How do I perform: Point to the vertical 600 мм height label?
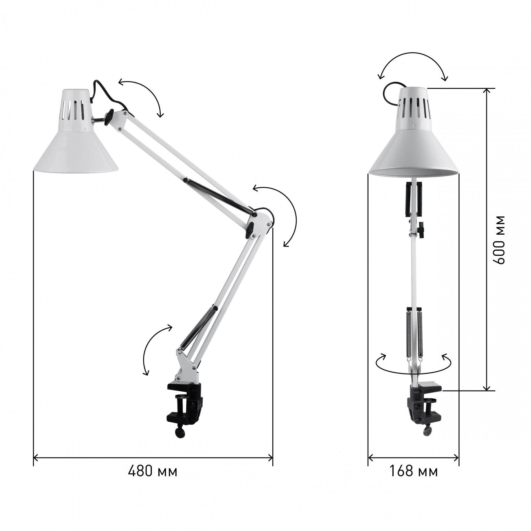pyautogui.click(x=498, y=240)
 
